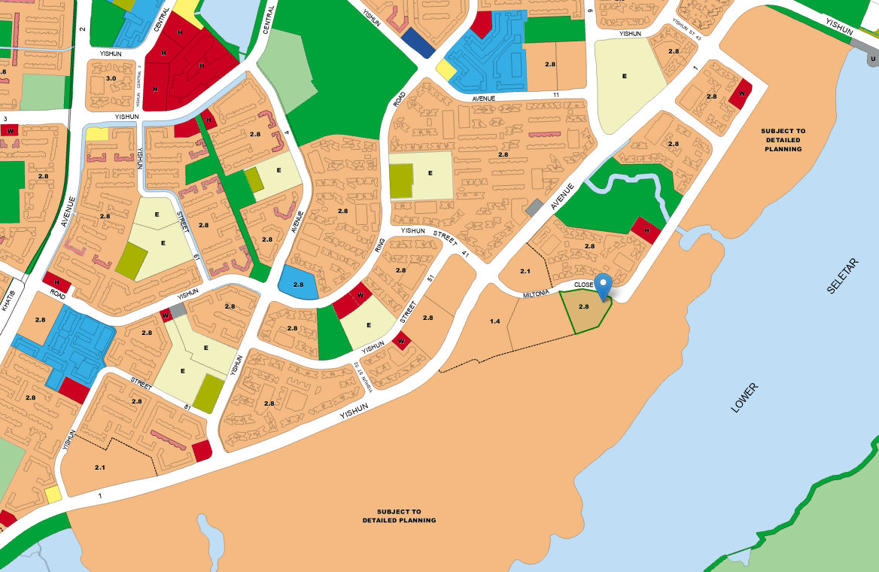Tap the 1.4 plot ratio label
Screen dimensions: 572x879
(494, 321)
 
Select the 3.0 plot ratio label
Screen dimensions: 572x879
(111, 78)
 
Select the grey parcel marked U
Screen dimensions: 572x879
(872, 58)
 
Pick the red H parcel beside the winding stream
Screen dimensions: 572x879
(645, 230)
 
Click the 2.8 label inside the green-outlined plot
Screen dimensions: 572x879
(584, 307)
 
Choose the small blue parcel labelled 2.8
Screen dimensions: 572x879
(298, 284)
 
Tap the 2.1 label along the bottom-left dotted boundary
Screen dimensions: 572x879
(101, 467)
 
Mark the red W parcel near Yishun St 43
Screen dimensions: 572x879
(741, 93)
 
